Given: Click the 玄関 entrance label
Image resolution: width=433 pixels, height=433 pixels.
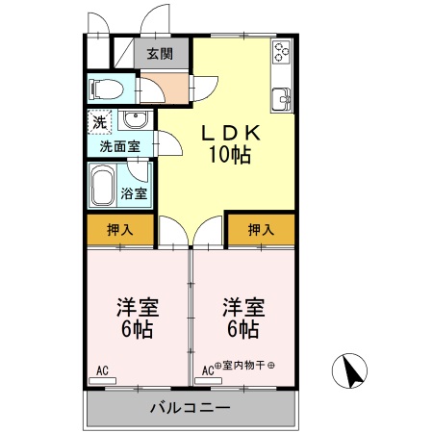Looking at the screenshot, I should tap(161, 55).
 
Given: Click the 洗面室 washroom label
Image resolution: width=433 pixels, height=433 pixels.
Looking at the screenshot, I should tap(119, 147).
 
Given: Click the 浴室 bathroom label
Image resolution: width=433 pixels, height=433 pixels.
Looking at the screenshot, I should tap(135, 193).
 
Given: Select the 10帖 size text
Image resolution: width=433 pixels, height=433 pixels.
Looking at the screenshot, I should tap(227, 155).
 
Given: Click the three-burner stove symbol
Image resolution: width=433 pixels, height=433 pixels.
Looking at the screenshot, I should tap(282, 53).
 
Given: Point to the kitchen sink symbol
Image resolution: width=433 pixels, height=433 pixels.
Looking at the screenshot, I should tap(282, 97).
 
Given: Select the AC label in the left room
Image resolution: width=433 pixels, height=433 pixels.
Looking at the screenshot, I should tap(102, 369).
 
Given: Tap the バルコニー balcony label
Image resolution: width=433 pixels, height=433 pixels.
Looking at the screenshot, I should tap(190, 408).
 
